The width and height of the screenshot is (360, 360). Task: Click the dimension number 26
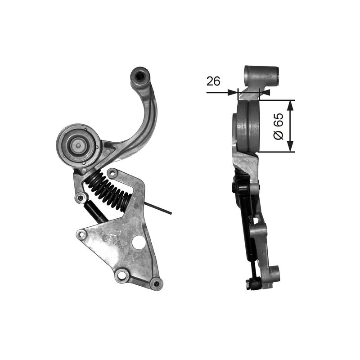(x=213, y=81)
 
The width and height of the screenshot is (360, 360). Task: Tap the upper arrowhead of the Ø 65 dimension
(x=290, y=104)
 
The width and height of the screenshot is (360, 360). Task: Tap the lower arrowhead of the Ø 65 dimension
(x=290, y=147)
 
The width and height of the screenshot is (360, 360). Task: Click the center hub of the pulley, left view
(x=78, y=144)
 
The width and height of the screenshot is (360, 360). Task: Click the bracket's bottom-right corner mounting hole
(x=156, y=283)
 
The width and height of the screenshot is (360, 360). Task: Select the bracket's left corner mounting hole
(x=81, y=234)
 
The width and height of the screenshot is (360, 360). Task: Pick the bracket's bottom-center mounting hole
(x=120, y=274)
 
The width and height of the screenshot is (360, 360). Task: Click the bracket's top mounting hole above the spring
(x=112, y=173)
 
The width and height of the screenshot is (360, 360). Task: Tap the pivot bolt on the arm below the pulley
(x=81, y=197)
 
